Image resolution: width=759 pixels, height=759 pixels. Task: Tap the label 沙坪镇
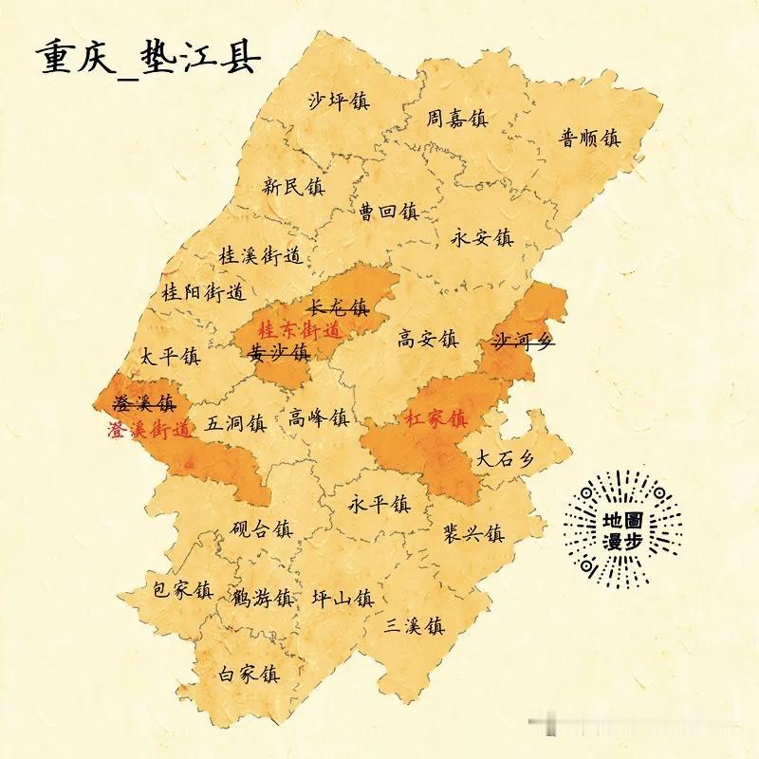tap(339, 101)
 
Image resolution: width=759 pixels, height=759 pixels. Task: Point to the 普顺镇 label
tap(589, 138)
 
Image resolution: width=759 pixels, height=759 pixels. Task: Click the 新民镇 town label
tap(293, 186)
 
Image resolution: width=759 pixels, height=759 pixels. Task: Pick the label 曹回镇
tap(388, 211)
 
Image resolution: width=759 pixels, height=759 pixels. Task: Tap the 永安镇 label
tap(481, 237)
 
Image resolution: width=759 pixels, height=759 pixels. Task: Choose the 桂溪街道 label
tap(259, 255)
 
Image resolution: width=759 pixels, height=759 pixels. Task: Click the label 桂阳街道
tap(203, 290)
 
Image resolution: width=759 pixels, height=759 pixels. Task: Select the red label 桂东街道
tap(299, 331)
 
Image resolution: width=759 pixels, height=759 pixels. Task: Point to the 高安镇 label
tap(428, 339)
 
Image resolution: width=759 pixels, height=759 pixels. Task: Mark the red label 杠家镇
tap(435, 417)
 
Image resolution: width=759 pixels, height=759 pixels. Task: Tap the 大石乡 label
tap(505, 458)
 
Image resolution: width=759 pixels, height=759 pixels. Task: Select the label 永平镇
tap(379, 503)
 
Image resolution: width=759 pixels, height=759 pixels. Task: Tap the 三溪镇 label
tap(415, 626)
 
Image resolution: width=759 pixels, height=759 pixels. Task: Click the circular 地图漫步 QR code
tap(623, 530)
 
